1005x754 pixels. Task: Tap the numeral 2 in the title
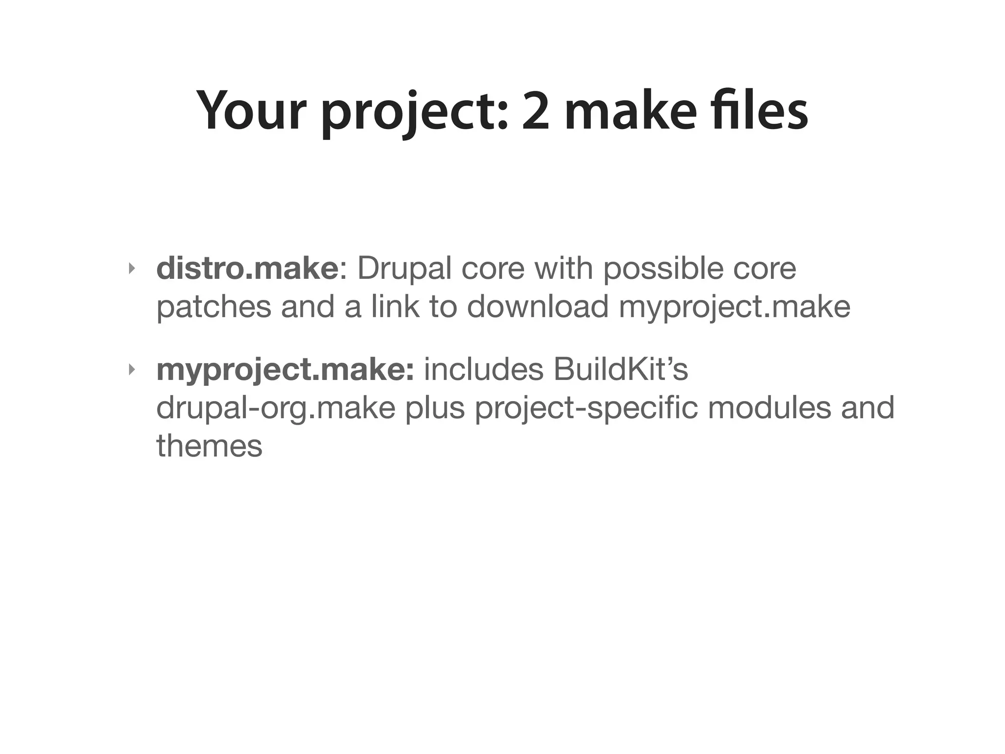pyautogui.click(x=535, y=110)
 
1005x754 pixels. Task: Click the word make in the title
pyautogui.click(x=630, y=110)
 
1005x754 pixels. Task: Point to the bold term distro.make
pyautogui.click(x=247, y=269)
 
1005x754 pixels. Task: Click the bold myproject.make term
pyautogui.click(x=285, y=369)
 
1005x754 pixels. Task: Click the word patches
pyautogui.click(x=213, y=307)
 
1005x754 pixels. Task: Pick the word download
pyautogui.click(x=538, y=307)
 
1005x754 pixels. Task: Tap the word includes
pyautogui.click(x=484, y=369)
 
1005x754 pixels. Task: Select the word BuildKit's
pyautogui.click(x=621, y=369)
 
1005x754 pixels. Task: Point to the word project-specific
pyautogui.click(x=586, y=408)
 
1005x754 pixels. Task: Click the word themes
pyautogui.click(x=210, y=446)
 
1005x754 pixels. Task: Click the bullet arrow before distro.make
pyautogui.click(x=131, y=269)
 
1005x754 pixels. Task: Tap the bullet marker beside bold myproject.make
pyautogui.click(x=131, y=369)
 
